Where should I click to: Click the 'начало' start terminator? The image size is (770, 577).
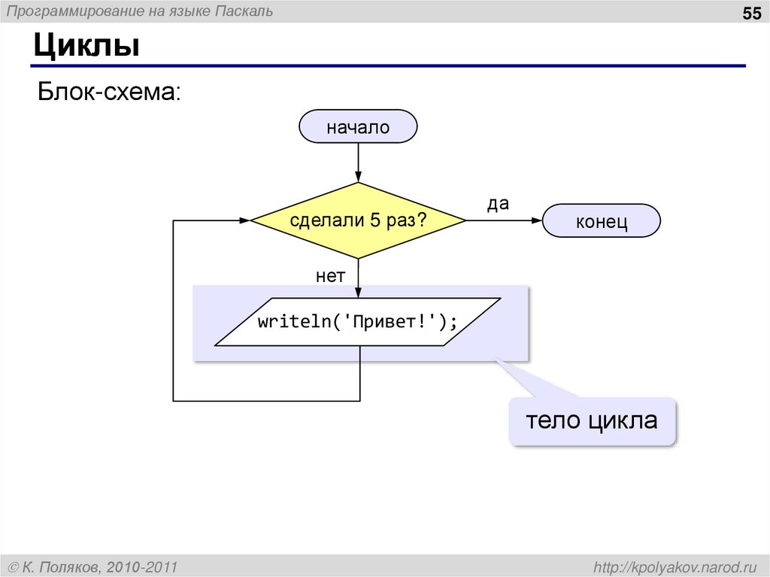[x=358, y=126]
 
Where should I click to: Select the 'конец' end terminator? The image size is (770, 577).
[x=601, y=222]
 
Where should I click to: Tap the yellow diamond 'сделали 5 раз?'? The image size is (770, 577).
[x=358, y=221]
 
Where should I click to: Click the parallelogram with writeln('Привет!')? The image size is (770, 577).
[x=358, y=322]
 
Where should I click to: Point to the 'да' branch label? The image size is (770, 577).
[x=498, y=204]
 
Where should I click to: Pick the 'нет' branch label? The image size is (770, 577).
[x=330, y=277]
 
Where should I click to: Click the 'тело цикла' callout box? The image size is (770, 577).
[x=591, y=421]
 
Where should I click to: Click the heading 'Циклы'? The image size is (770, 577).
[x=86, y=47]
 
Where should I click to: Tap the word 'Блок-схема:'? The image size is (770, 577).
[x=110, y=93]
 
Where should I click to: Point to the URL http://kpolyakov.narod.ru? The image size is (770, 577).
[x=677, y=566]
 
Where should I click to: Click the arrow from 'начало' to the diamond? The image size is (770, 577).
[x=358, y=162]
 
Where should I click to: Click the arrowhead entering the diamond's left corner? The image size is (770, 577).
[x=244, y=220]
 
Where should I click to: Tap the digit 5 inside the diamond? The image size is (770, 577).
[x=374, y=221]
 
